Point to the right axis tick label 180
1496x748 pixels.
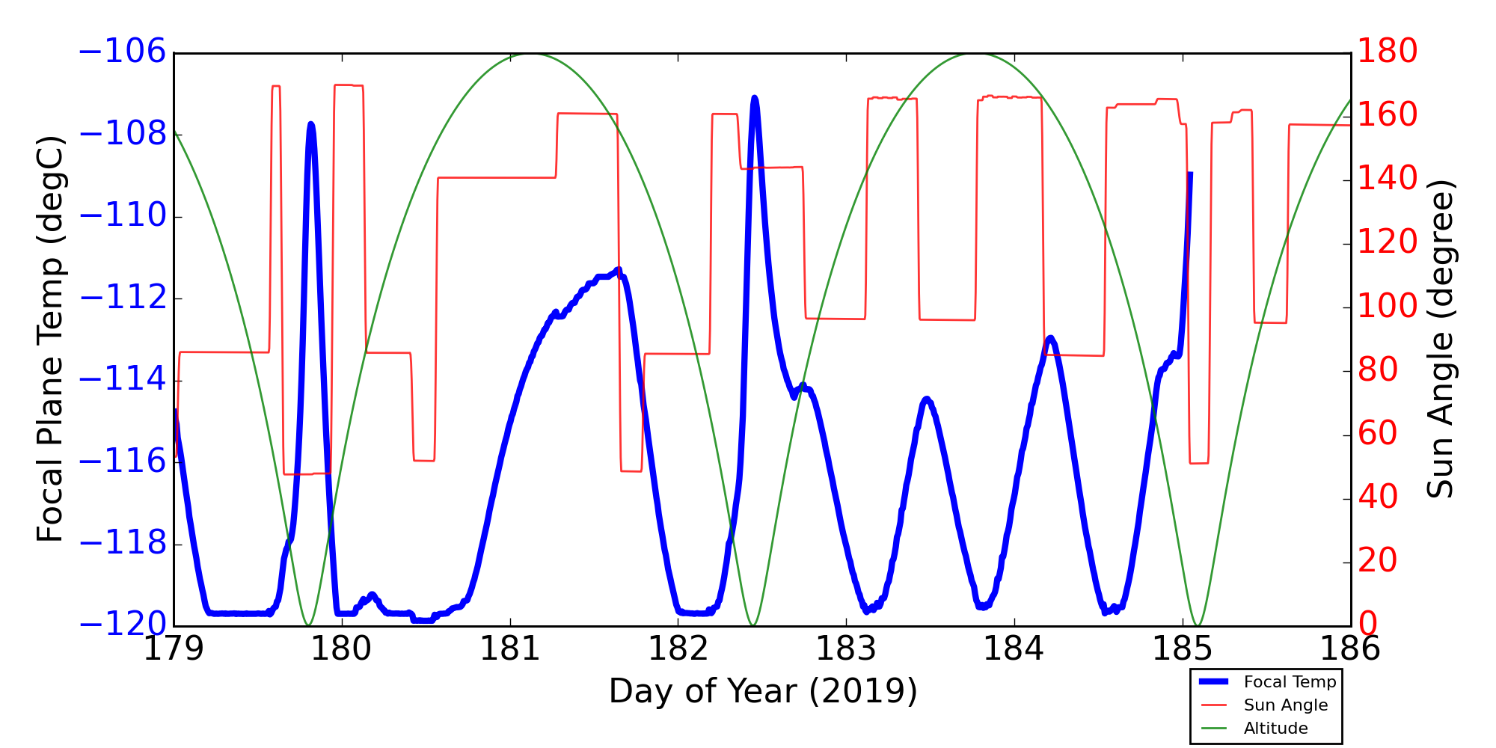pyautogui.click(x=1388, y=52)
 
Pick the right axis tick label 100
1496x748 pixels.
pyautogui.click(x=1388, y=307)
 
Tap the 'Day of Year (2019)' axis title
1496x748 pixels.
pyautogui.click(x=762, y=692)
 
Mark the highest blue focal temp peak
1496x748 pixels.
pyautogui.click(x=754, y=98)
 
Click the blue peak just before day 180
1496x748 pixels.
pyautogui.click(x=310, y=124)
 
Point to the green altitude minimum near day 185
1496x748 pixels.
pyautogui.click(x=1198, y=625)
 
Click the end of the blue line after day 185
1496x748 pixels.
pyautogui.click(x=1189, y=174)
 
